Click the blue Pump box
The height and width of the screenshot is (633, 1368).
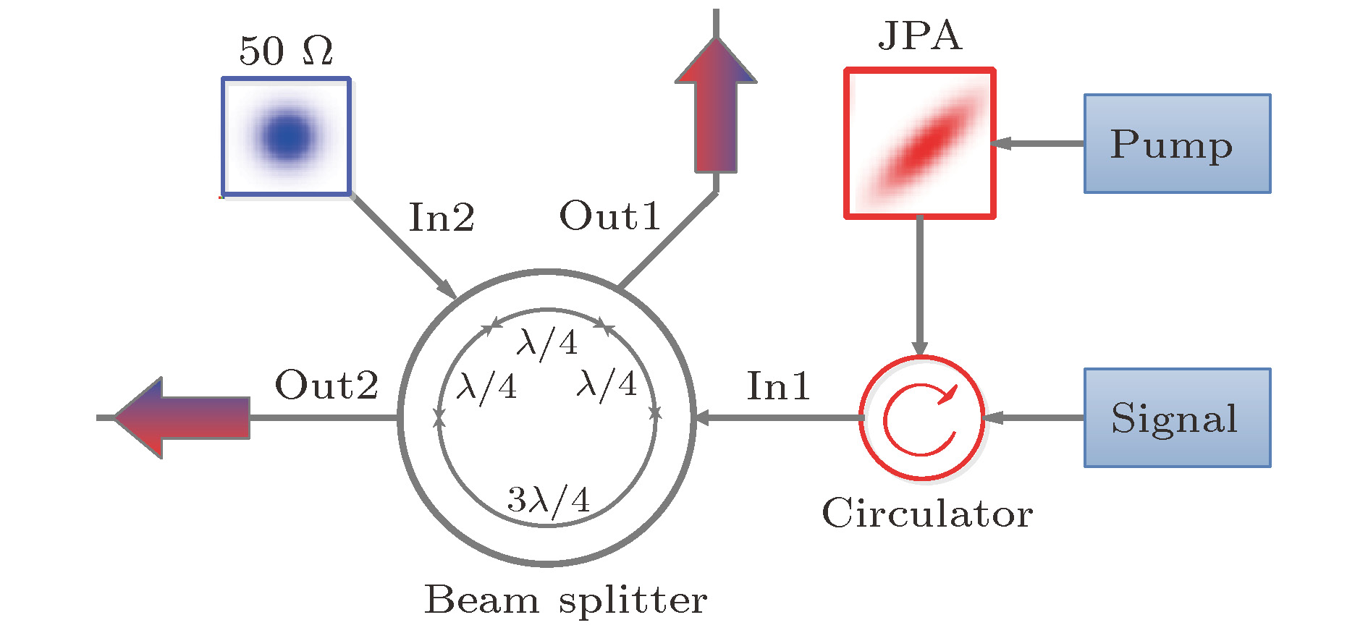1177,143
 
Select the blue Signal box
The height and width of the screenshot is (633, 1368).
1177,417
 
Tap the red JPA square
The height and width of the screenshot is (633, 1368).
919,143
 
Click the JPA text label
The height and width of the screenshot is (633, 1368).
920,36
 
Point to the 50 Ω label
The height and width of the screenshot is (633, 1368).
286,51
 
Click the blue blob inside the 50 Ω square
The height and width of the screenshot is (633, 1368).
288,136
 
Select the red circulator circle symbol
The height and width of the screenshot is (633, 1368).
921,417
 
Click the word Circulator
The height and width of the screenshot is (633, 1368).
927,514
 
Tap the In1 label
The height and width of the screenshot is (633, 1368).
778,386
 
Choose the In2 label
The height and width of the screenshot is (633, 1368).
442,217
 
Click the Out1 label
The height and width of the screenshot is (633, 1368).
610,216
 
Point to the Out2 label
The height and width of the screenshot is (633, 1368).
326,385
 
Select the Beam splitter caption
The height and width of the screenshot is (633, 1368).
565,600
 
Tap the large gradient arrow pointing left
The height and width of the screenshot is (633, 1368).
181,417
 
